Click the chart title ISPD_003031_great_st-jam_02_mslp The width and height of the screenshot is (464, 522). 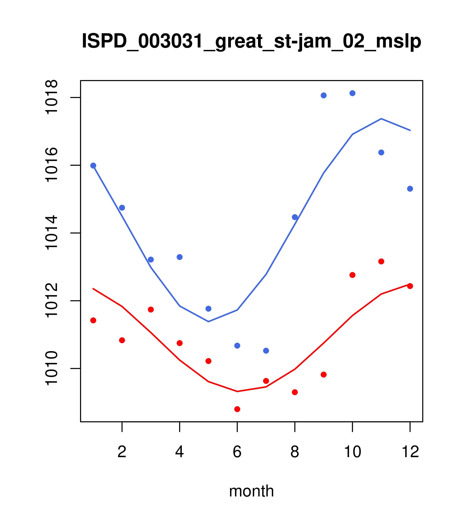click(x=251, y=41)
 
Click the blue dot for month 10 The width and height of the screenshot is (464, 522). click(x=352, y=93)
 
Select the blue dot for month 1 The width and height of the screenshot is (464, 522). click(x=93, y=166)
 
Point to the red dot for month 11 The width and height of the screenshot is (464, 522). click(x=381, y=261)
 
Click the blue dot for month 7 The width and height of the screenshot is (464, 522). click(x=266, y=351)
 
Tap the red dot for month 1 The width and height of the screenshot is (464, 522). click(x=93, y=320)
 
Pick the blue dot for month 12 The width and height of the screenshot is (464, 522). click(x=410, y=189)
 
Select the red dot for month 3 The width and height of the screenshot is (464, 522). click(x=151, y=309)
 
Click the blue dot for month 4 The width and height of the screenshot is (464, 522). click(x=180, y=257)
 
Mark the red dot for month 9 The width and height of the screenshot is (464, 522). click(x=324, y=375)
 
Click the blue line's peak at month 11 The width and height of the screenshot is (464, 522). click(x=381, y=119)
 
